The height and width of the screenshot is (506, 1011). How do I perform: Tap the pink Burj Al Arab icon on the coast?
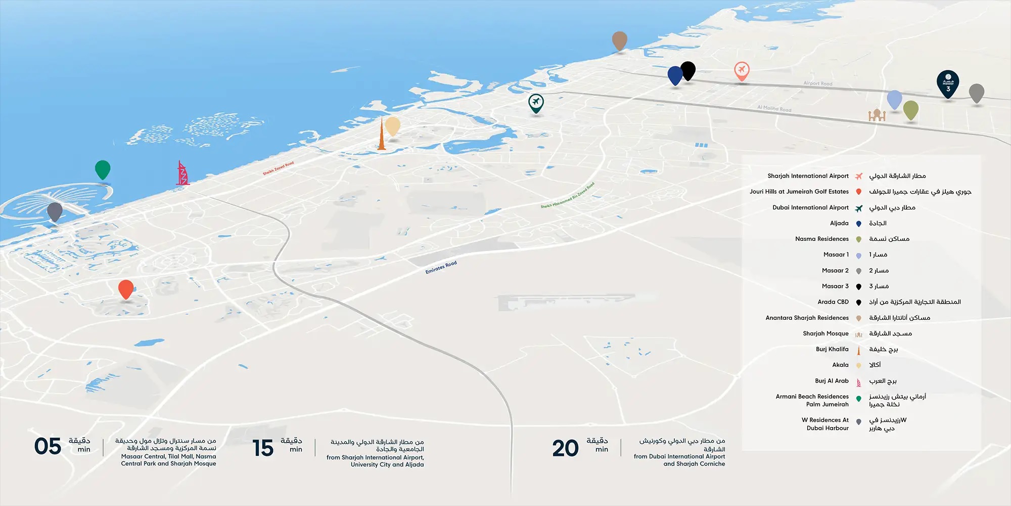pyautogui.click(x=182, y=173)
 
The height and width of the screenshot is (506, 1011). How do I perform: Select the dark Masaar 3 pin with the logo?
pyautogui.click(x=948, y=83)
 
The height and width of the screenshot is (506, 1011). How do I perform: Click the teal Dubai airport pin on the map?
pyautogui.click(x=536, y=103)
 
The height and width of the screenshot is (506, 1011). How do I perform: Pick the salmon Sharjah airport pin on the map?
pyautogui.click(x=742, y=71)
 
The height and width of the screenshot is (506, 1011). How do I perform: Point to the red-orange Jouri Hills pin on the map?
pyautogui.click(x=126, y=289)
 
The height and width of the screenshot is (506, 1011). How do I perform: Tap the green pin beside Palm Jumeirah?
pyautogui.click(x=103, y=169)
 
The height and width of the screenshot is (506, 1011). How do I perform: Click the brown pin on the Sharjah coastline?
pyautogui.click(x=620, y=40)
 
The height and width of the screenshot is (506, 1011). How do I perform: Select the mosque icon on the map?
pyautogui.click(x=877, y=115)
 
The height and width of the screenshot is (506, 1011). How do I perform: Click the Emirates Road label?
pyautogui.click(x=441, y=267)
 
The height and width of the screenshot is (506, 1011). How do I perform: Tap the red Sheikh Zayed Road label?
pyautogui.click(x=278, y=168)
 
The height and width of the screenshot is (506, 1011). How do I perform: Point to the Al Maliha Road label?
pyautogui.click(x=774, y=108)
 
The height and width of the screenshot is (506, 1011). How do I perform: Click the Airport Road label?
pyautogui.click(x=818, y=83)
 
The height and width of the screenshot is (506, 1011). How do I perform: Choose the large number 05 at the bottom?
pyautogui.click(x=48, y=447)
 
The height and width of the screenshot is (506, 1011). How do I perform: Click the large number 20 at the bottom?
pyautogui.click(x=565, y=448)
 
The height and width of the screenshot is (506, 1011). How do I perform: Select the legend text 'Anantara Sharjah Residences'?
pyautogui.click(x=807, y=318)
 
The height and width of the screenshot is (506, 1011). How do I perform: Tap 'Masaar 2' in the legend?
pyautogui.click(x=835, y=271)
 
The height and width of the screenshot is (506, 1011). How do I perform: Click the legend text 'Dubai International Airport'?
pyautogui.click(x=810, y=207)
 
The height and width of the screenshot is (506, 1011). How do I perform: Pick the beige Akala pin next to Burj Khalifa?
pyautogui.click(x=393, y=126)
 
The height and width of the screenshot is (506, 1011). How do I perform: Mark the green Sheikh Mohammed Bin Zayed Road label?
pyautogui.click(x=568, y=196)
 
